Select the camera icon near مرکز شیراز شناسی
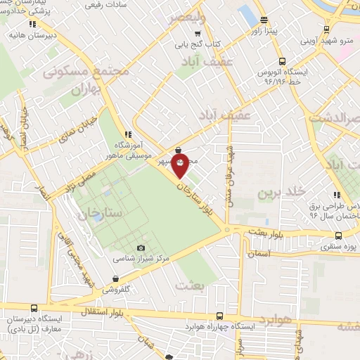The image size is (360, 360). (141, 247)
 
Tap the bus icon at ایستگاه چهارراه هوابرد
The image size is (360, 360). (221, 316)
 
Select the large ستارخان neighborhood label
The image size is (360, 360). (102, 212)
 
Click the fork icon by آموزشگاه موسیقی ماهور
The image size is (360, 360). (127, 134)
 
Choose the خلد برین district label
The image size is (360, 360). (281, 192)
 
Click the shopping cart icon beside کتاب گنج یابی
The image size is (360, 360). (198, 33)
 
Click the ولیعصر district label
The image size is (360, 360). (186, 18)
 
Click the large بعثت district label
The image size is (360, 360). (191, 285)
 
